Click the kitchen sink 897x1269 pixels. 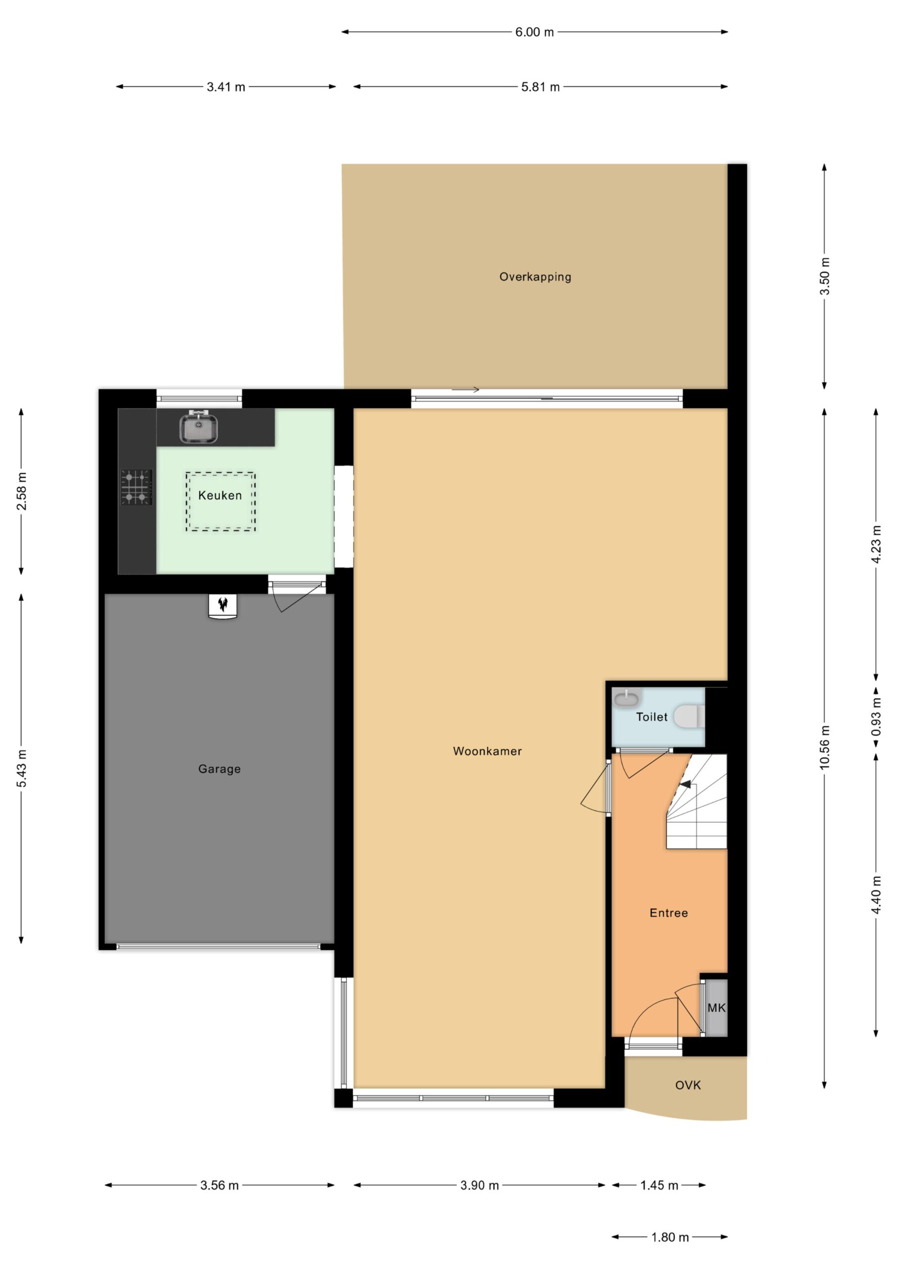[198, 427]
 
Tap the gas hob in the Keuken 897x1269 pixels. [136, 487]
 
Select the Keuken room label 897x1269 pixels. [220, 496]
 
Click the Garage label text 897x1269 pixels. [220, 769]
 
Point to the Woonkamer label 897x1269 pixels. [488, 751]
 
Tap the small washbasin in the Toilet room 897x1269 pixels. [627, 698]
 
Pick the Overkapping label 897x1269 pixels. [535, 277]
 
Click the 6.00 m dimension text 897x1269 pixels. [534, 32]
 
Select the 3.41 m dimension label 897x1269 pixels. [226, 87]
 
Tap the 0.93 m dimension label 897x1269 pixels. [876, 716]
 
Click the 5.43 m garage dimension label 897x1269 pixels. [21, 769]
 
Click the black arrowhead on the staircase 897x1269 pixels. [685, 784]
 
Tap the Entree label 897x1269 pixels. [669, 913]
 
